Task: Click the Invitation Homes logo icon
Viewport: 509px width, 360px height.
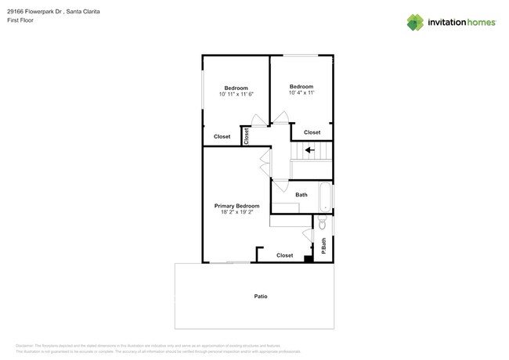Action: click(x=415, y=23)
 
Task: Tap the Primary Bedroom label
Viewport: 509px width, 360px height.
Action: click(x=236, y=206)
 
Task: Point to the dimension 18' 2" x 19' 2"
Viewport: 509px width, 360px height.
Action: click(x=236, y=212)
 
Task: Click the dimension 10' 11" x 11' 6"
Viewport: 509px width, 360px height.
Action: click(x=236, y=94)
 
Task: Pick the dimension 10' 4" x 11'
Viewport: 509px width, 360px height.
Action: click(x=301, y=93)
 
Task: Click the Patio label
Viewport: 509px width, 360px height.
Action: click(x=261, y=297)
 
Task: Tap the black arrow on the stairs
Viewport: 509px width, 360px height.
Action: click(x=310, y=150)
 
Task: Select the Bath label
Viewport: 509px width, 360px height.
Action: click(x=301, y=195)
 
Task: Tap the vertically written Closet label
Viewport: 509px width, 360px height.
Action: click(x=246, y=136)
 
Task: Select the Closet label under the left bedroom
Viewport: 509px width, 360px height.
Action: click(x=222, y=137)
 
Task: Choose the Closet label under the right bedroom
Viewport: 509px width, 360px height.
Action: click(x=312, y=132)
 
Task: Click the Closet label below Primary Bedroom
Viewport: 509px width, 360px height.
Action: click(x=285, y=255)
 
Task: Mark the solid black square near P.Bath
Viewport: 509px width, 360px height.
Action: click(x=309, y=259)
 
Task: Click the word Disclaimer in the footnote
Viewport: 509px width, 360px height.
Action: click(x=26, y=345)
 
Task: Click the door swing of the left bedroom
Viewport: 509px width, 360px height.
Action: click(x=258, y=121)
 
